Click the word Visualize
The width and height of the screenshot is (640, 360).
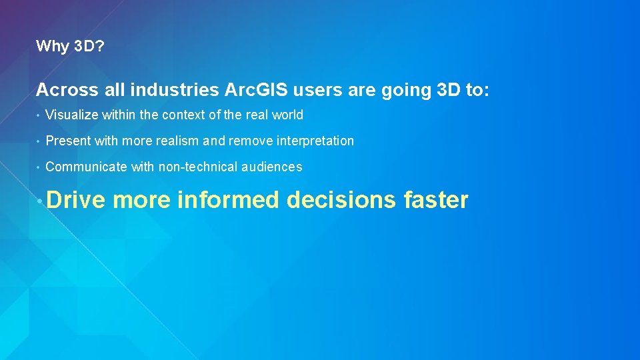(x=72, y=115)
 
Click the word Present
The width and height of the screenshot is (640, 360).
(x=68, y=141)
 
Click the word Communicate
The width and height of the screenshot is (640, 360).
(x=86, y=167)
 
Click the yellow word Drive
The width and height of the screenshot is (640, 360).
(x=76, y=199)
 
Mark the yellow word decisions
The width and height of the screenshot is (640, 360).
(x=341, y=199)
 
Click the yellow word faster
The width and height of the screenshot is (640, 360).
(x=436, y=199)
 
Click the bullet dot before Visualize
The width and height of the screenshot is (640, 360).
(x=39, y=115)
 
